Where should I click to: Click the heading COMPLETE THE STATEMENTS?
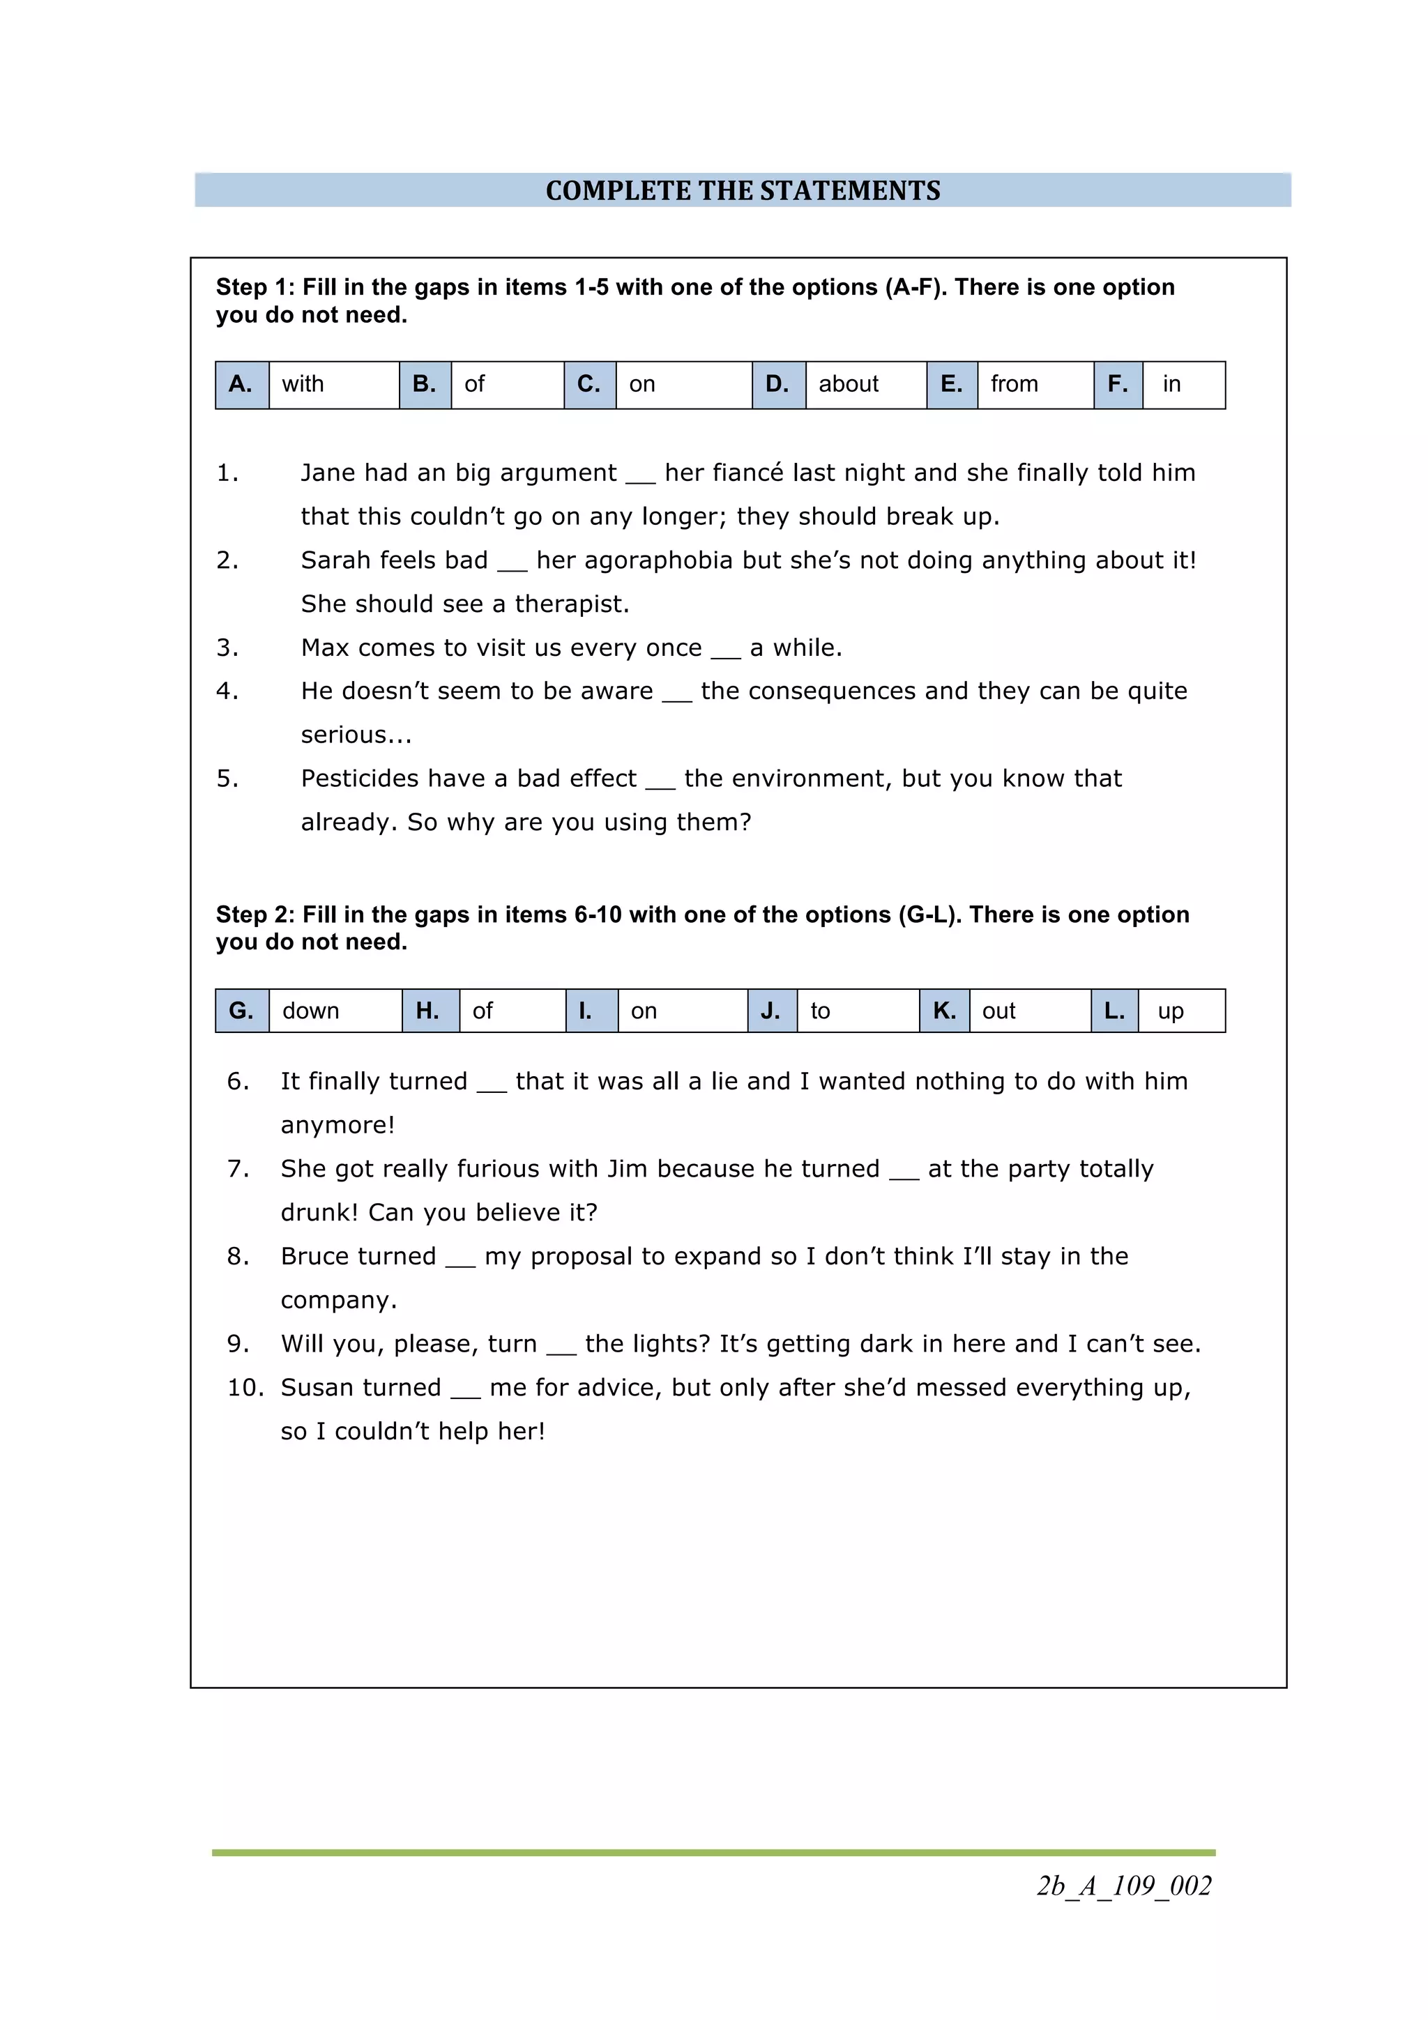tap(743, 191)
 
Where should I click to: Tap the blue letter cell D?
tap(777, 385)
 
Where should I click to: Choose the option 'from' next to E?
tap(1034, 385)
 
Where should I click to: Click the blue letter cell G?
tap(241, 1011)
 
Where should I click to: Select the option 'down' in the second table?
tap(335, 1011)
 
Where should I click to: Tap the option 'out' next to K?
tap(1028, 1011)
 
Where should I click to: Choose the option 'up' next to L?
tap(1180, 1011)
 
